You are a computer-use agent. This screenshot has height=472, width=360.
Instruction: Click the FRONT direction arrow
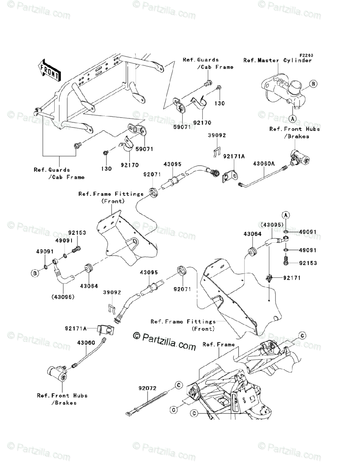49,70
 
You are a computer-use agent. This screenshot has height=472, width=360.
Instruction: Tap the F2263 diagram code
307,55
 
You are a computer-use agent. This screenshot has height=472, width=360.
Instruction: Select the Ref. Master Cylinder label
277,61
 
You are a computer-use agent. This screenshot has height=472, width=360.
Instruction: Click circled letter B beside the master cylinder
313,84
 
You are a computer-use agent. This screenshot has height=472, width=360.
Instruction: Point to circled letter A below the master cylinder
293,118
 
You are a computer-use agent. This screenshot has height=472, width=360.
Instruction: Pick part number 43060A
264,164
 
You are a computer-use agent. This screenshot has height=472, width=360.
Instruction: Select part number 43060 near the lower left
86,343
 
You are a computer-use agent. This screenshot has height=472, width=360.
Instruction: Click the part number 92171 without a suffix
292,278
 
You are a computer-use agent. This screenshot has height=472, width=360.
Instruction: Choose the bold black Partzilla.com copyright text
164,340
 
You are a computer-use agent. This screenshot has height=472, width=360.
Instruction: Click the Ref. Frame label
219,345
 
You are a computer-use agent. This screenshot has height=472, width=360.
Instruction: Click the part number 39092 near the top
217,135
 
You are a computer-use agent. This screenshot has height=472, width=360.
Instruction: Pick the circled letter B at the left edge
35,273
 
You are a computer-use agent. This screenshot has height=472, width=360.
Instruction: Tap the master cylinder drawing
283,93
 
